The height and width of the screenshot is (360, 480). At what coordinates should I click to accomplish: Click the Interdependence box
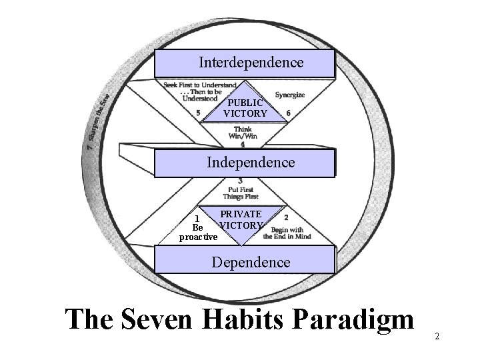244,63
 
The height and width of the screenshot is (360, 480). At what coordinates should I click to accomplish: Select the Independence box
244,163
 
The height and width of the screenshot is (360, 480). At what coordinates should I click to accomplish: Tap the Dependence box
244,261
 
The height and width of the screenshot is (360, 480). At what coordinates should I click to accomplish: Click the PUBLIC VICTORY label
245,108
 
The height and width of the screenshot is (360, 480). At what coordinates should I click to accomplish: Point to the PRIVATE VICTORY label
241,220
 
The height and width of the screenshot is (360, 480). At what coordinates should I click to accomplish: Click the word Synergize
290,95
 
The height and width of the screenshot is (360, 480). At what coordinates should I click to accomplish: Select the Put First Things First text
241,193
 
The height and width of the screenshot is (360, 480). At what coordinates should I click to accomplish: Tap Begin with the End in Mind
287,233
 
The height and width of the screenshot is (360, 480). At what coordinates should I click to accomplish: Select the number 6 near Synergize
288,113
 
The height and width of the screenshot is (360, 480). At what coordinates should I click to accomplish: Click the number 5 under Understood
199,113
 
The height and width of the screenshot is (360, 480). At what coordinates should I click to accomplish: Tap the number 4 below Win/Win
242,143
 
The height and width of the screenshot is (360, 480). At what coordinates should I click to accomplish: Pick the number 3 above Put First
239,181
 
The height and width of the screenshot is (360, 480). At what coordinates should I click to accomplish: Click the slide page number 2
437,336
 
